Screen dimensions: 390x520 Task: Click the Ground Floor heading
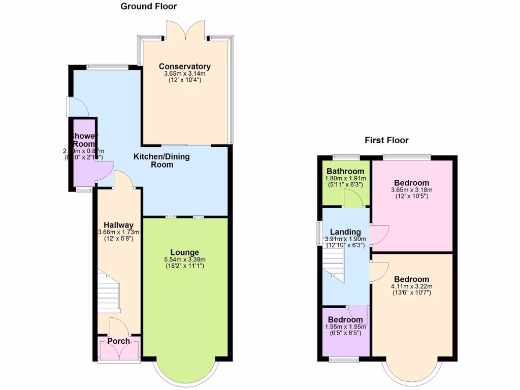[x=148, y=7]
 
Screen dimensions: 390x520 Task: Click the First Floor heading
[x=386, y=140]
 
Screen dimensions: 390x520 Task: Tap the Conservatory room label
[x=184, y=67]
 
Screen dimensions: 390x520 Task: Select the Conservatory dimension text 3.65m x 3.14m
[x=184, y=74]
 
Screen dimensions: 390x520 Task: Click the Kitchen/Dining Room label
[x=161, y=160]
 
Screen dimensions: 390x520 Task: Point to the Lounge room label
[x=184, y=252]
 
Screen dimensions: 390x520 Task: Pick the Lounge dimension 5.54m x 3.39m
[x=184, y=259]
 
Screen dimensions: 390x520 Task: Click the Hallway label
[x=118, y=225]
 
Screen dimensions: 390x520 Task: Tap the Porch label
[x=118, y=341]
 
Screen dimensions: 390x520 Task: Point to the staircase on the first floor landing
[x=335, y=263]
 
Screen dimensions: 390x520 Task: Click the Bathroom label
[x=345, y=171]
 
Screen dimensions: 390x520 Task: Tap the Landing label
[x=345, y=232]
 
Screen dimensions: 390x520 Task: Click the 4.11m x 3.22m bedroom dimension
[x=411, y=286]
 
